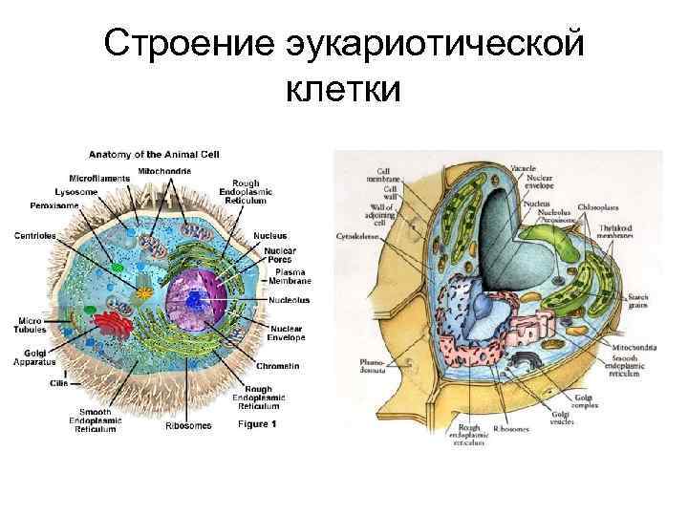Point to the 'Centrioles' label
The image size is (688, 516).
pyautogui.click(x=33, y=234)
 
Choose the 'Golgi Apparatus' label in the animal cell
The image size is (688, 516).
pyautogui.click(x=35, y=357)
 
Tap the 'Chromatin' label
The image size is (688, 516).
pyautogui.click(x=276, y=366)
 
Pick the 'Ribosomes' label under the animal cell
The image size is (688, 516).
pyautogui.click(x=186, y=425)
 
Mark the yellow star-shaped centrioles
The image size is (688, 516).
pyautogui.click(x=144, y=289)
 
